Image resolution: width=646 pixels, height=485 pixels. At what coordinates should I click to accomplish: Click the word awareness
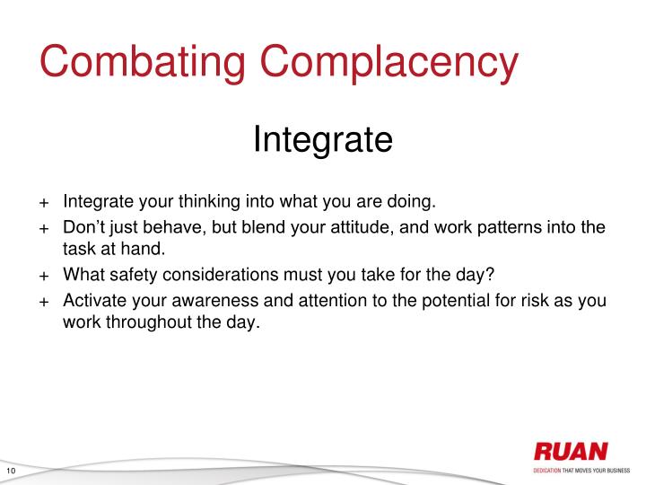pyautogui.click(x=202, y=301)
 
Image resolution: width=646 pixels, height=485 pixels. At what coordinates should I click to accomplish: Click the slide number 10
pyautogui.click(x=12, y=472)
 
